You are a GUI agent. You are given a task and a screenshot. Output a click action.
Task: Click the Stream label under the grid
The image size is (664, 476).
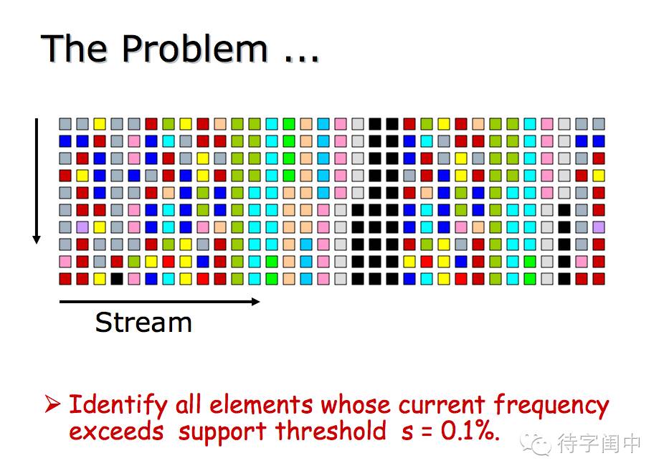(x=143, y=323)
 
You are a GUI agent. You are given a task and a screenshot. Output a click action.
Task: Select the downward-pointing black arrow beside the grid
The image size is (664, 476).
(x=37, y=181)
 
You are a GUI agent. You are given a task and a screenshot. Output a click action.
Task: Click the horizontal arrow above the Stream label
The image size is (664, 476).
(x=160, y=302)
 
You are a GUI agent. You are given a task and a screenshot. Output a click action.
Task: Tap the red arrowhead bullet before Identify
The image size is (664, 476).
(x=52, y=404)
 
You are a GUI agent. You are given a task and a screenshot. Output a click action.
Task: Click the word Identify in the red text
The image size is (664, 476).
(x=118, y=404)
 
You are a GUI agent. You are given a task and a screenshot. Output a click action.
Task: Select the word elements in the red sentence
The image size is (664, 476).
(x=260, y=404)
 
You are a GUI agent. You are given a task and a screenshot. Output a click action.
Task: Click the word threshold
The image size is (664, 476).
(x=331, y=431)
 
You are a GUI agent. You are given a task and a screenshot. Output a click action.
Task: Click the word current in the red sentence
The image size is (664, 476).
(x=441, y=405)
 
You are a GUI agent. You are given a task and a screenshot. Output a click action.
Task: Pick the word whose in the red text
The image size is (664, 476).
(x=355, y=404)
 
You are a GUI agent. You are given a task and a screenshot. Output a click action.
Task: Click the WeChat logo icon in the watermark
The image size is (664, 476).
(x=536, y=444)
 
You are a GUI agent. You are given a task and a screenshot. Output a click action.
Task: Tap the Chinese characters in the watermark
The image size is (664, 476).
(x=598, y=444)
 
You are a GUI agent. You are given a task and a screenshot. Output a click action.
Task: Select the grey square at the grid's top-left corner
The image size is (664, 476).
(x=65, y=124)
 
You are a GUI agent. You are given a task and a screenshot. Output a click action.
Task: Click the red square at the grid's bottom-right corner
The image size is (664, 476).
(x=598, y=279)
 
